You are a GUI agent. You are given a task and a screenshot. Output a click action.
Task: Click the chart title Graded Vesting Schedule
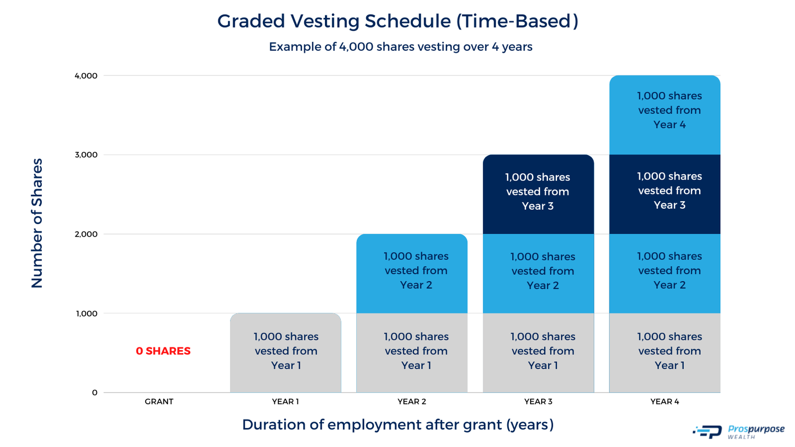397,21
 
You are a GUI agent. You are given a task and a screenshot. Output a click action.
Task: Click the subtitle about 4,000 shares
400,47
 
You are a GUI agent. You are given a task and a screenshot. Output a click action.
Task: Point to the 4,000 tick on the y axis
86,76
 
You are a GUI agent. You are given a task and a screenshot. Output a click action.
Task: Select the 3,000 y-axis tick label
86,155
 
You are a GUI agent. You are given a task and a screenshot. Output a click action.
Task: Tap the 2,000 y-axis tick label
86,234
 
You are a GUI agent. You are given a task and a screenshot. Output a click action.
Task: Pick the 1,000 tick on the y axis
86,314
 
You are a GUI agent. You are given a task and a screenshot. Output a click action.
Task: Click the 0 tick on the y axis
95,392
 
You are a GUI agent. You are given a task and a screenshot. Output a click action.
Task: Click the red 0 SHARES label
163,351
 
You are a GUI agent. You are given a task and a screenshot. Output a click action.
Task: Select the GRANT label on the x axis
159,401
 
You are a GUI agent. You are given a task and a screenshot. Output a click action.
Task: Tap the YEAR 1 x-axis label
285,401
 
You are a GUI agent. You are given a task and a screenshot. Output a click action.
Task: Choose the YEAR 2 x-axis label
412,401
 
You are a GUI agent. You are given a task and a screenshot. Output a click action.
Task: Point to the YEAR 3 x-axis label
538,401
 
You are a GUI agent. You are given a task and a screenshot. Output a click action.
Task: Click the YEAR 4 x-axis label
665,401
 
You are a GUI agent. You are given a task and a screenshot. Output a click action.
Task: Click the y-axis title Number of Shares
37,223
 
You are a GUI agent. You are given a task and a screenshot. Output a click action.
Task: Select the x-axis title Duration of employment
397,425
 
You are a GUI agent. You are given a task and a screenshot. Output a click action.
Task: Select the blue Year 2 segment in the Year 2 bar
412,273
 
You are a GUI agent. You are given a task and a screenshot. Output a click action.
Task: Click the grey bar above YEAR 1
285,353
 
